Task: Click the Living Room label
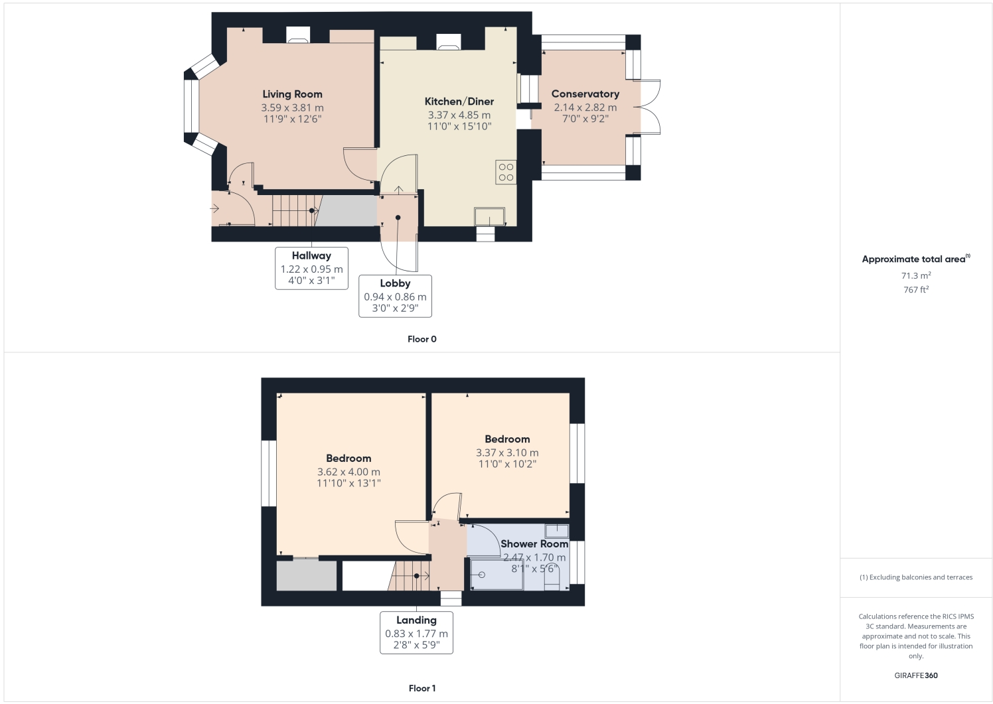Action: tap(292, 94)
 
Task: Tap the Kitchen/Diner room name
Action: tap(459, 102)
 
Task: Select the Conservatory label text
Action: tap(585, 94)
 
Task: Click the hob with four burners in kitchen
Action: tap(506, 173)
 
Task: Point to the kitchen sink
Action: tap(489, 217)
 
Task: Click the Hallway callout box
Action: tap(311, 268)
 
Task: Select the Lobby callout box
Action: tap(395, 296)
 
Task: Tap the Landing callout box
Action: tap(416, 632)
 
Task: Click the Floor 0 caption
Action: tap(421, 339)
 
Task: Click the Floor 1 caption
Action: tap(421, 688)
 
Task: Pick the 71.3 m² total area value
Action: tap(915, 275)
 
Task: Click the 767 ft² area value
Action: tap(915, 290)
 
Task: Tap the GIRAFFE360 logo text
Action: tap(915, 675)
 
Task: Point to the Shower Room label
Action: tap(534, 543)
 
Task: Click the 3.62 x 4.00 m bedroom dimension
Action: tap(348, 472)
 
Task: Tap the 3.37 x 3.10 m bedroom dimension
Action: tap(507, 453)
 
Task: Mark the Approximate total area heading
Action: tap(915, 259)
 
